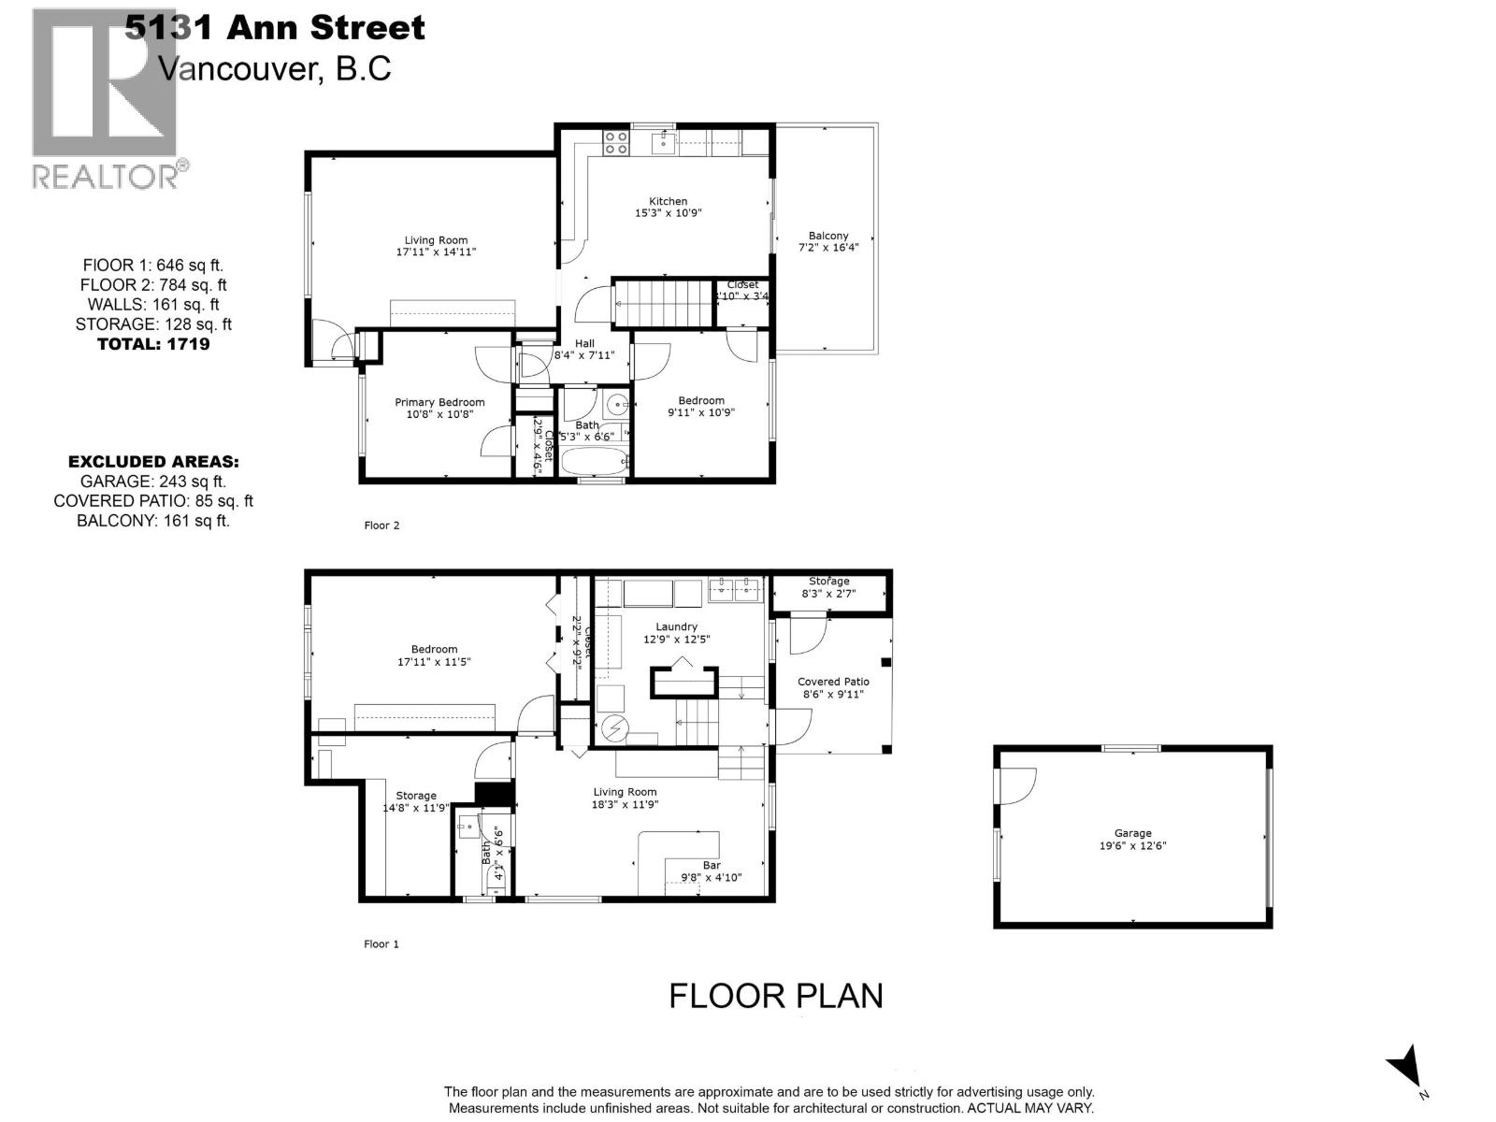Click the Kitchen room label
[668, 201]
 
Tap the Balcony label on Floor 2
[828, 236]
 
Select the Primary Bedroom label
[439, 403]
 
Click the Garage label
[1132, 833]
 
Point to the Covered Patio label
[833, 683]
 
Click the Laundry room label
[676, 627]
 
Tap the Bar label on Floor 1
[712, 866]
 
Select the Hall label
[584, 343]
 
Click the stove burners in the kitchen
[615, 142]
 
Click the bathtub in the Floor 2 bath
[595, 461]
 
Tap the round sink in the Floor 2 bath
[616, 405]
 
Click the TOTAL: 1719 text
[153, 344]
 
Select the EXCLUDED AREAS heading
[153, 462]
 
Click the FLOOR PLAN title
[775, 996]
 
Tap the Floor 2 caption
[381, 525]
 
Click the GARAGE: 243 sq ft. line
[153, 482]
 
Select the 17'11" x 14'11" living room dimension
[436, 252]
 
